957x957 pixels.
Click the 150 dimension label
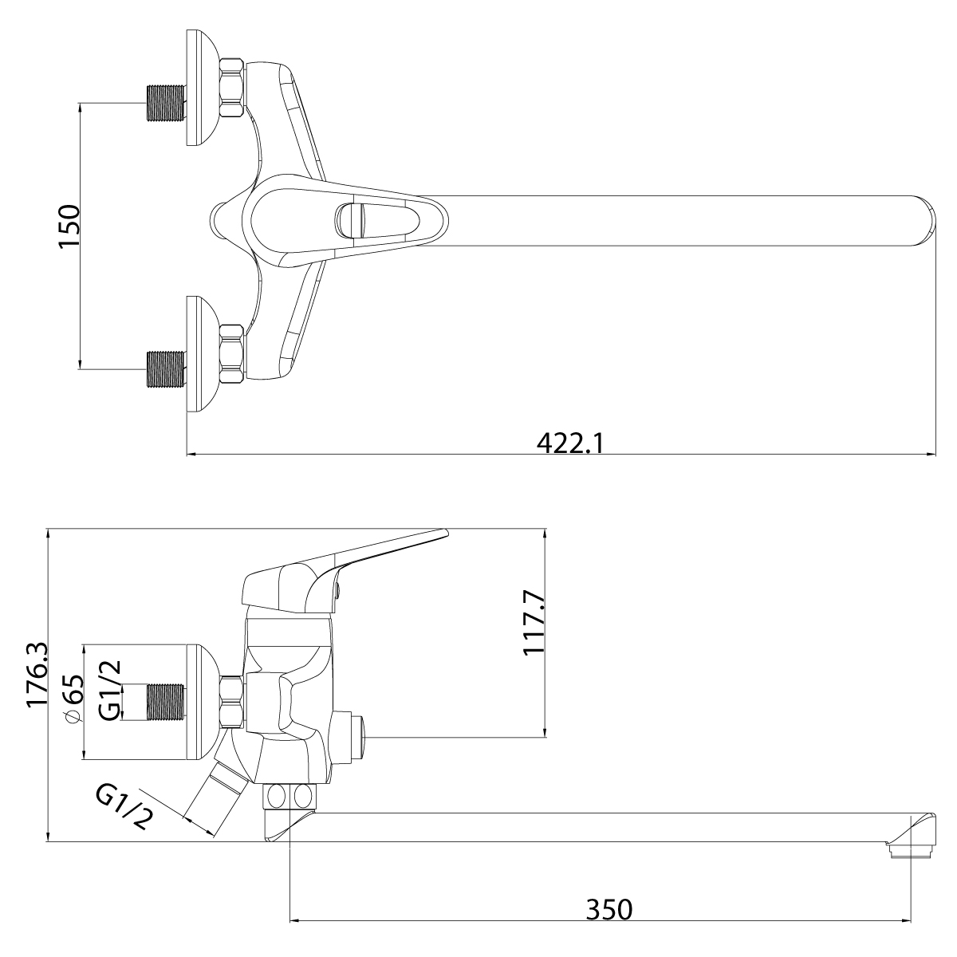69,227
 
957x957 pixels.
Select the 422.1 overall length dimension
569,441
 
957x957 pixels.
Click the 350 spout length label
609,909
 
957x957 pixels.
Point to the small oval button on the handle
349,219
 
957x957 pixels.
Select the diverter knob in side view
351,738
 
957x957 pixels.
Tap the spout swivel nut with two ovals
290,796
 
